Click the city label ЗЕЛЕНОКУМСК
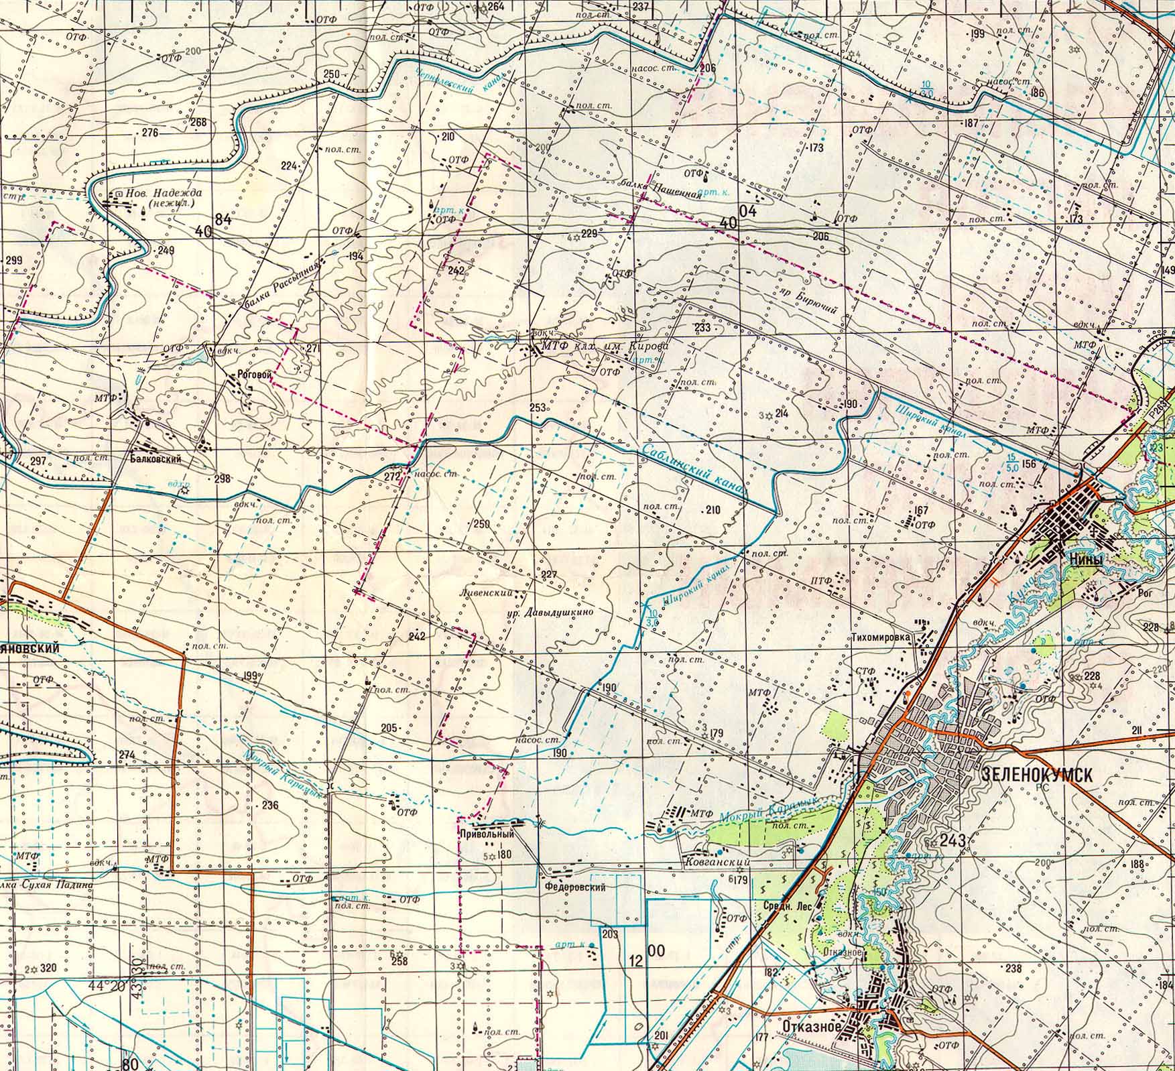(x=1036, y=774)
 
